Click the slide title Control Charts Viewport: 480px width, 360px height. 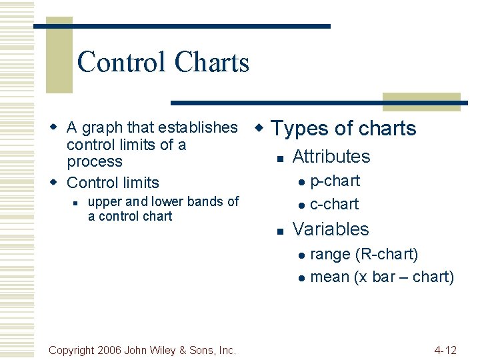pos(163,63)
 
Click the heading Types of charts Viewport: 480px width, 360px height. pos(344,128)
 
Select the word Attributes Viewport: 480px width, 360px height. pos(331,157)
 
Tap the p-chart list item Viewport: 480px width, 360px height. pos(335,181)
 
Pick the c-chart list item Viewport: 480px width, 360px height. pos(334,204)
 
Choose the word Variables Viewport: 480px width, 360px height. pos(330,229)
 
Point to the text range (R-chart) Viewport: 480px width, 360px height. pos(364,254)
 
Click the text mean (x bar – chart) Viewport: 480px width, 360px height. pos(382,277)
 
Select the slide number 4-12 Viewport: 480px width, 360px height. pos(445,349)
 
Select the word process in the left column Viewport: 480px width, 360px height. pos(95,161)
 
